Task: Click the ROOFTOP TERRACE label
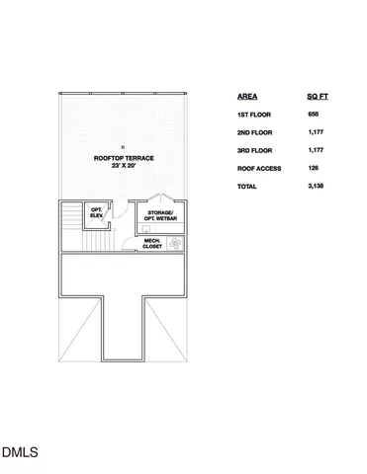124,157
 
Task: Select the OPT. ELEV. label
97,212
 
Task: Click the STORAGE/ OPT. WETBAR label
160,216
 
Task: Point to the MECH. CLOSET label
152,243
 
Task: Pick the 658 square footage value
314,115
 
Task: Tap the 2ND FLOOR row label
256,132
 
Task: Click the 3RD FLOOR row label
256,150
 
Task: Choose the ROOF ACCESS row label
259,168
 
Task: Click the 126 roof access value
314,168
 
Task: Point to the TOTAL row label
248,186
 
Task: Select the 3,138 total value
316,186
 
